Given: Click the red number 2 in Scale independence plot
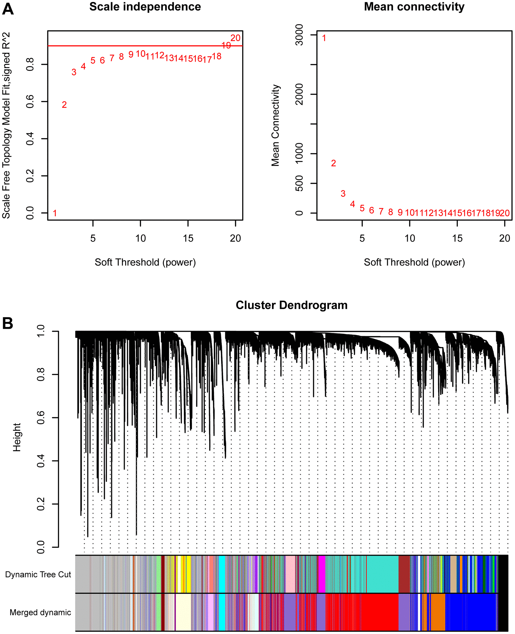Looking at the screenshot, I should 64,105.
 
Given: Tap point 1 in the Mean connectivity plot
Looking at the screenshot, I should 324,38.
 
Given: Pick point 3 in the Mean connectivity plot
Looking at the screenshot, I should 343,194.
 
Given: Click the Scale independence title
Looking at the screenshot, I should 145,7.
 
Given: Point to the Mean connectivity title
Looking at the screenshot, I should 414,7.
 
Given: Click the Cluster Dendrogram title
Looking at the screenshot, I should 291,305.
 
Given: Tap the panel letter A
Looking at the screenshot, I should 8,9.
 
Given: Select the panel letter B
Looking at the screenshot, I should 8,323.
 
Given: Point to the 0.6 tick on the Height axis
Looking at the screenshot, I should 41,418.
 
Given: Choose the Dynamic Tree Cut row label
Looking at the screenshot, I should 38,575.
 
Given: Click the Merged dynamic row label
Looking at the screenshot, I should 40,612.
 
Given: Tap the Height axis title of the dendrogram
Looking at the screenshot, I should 17,437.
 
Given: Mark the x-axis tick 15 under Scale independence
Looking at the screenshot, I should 188,238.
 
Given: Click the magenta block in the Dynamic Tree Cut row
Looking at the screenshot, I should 322,574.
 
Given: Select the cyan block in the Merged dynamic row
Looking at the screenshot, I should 222,612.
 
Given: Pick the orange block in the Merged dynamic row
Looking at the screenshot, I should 438,612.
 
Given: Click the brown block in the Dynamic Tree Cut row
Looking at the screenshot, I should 404,574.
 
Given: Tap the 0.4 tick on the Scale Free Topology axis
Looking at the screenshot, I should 30,139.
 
